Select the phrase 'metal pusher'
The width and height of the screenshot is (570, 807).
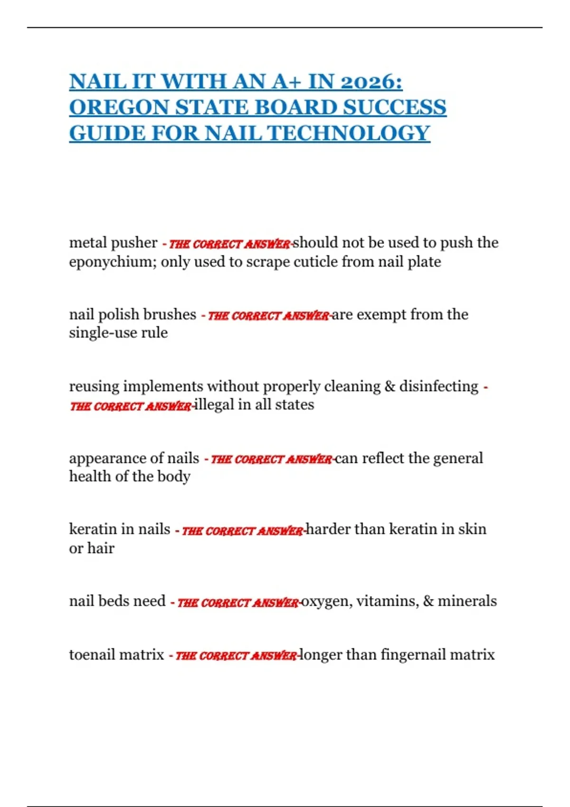(113, 243)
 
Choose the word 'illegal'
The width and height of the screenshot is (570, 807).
(214, 405)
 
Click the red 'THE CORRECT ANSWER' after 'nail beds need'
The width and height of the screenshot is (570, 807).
(237, 603)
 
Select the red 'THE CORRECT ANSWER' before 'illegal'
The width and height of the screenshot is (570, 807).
(131, 406)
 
